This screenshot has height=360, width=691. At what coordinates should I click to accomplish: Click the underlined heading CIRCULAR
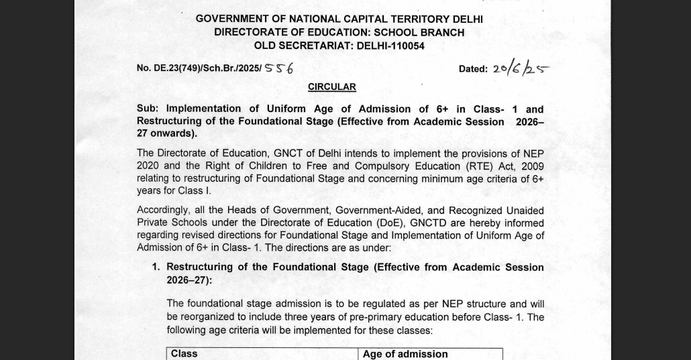pyautogui.click(x=331, y=87)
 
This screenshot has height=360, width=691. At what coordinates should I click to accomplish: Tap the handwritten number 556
pyautogui.click(x=279, y=68)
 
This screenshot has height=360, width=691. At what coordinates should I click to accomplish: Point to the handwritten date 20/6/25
pyautogui.click(x=520, y=68)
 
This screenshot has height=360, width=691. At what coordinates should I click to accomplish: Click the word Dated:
pyautogui.click(x=473, y=69)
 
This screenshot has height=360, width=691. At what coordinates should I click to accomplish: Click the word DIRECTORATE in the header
pyautogui.click(x=251, y=32)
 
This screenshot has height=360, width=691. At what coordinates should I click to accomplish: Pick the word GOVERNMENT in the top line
pyautogui.click(x=232, y=19)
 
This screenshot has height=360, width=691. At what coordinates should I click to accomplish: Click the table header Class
pyautogui.click(x=184, y=354)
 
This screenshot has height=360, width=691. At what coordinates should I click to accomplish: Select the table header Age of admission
pyautogui.click(x=405, y=354)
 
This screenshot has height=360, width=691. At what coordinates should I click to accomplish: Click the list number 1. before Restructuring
pyautogui.click(x=156, y=267)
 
